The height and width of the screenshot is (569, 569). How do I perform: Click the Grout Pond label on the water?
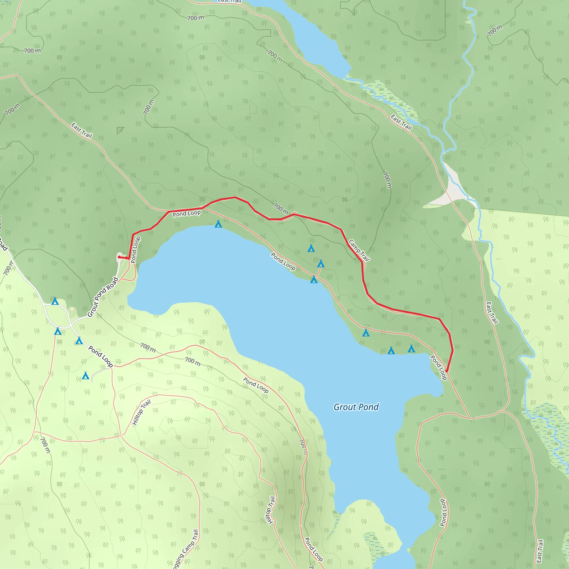tap(356, 407)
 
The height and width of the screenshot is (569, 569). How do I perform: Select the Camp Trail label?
tap(359, 250)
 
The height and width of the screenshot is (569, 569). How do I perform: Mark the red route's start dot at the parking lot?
tap(119, 257)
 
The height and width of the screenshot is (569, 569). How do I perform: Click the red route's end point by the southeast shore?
tap(447, 371)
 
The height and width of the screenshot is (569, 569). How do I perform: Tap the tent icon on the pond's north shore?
tap(218, 224)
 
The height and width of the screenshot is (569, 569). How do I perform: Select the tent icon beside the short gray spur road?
tap(85, 376)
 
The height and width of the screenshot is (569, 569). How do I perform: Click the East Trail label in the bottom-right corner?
tap(539, 551)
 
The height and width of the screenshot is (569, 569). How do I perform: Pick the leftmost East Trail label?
tap(82, 131)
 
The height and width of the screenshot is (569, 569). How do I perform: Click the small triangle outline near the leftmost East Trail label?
tap(120, 130)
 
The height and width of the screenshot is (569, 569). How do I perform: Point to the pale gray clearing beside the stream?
tap(451, 188)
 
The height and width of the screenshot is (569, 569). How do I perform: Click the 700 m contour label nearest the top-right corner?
tap(495, 31)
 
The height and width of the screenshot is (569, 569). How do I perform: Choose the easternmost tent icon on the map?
tap(411, 349)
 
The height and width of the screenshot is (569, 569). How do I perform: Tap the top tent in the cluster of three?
tap(311, 249)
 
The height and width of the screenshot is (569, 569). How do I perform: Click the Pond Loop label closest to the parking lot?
tap(136, 250)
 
